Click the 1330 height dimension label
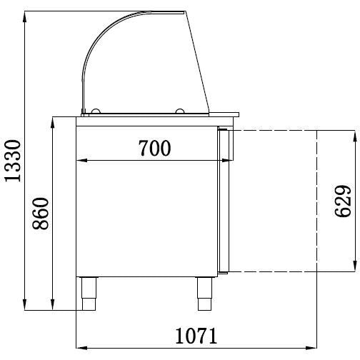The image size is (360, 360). pyautogui.click(x=13, y=161)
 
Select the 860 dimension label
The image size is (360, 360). pyautogui.click(x=41, y=214)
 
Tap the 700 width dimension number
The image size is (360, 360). pyautogui.click(x=154, y=148)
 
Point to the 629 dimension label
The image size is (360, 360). pyautogui.click(x=343, y=201)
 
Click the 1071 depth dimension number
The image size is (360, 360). pyautogui.click(x=196, y=336)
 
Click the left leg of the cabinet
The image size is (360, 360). pyautogui.click(x=89, y=294)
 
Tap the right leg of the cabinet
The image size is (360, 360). pyautogui.click(x=204, y=294)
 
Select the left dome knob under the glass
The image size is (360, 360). pyautogui.click(x=96, y=111)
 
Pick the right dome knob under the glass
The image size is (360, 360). pyautogui.click(x=179, y=111)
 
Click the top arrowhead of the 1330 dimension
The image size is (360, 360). pyautogui.click(x=24, y=16)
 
